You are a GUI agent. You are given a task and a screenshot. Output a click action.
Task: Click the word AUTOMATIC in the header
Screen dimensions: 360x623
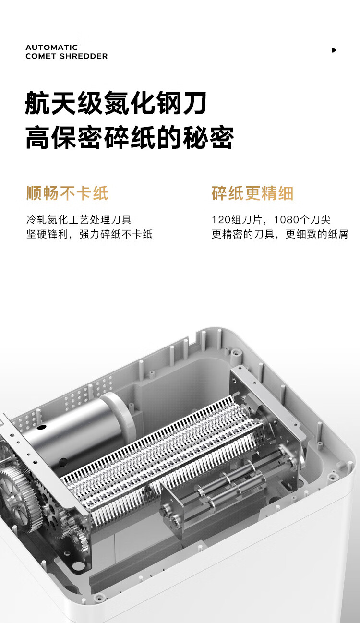coord(51,48)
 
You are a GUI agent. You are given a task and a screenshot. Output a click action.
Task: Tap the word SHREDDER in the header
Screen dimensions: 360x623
coord(84,56)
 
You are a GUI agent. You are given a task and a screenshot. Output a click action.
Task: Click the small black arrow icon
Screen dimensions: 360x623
coord(334,50)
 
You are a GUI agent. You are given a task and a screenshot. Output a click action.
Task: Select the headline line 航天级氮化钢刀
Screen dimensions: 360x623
coord(116,103)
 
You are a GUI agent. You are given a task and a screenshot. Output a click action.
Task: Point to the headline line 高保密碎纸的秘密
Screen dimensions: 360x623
coord(130,137)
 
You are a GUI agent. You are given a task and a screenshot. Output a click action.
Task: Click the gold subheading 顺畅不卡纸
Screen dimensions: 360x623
coord(67,193)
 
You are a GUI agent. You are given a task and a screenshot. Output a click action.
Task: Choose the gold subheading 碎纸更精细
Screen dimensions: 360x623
coord(252,193)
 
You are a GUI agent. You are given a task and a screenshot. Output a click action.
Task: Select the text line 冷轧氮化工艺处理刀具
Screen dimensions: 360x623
coord(79,220)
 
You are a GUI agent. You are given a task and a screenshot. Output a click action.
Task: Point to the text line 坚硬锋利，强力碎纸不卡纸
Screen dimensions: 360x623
coord(89,234)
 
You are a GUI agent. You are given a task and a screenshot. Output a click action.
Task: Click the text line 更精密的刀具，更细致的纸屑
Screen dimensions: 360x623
coord(279,234)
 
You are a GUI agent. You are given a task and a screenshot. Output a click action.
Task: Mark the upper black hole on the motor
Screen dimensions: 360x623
coord(41,426)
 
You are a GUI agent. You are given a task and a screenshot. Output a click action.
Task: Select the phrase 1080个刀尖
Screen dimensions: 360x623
coord(302,220)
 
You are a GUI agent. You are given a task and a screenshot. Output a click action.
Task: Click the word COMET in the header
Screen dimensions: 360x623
coord(41,56)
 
